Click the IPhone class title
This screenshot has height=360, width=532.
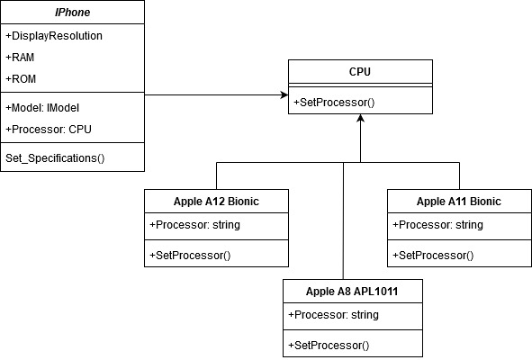(x=72, y=12)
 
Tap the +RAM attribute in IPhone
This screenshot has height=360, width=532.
(x=20, y=57)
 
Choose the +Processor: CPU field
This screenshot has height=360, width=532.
(x=49, y=129)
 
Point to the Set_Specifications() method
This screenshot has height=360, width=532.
(x=56, y=158)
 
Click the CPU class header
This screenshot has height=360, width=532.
(x=360, y=70)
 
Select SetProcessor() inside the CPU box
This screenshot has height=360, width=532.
(x=334, y=102)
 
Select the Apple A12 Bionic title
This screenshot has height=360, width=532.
(x=216, y=201)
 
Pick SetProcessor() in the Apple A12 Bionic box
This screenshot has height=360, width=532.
(x=190, y=255)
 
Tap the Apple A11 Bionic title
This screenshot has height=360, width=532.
(x=459, y=201)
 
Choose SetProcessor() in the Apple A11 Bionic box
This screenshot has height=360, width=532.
(x=433, y=255)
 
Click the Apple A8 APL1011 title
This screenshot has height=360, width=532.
(x=351, y=291)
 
